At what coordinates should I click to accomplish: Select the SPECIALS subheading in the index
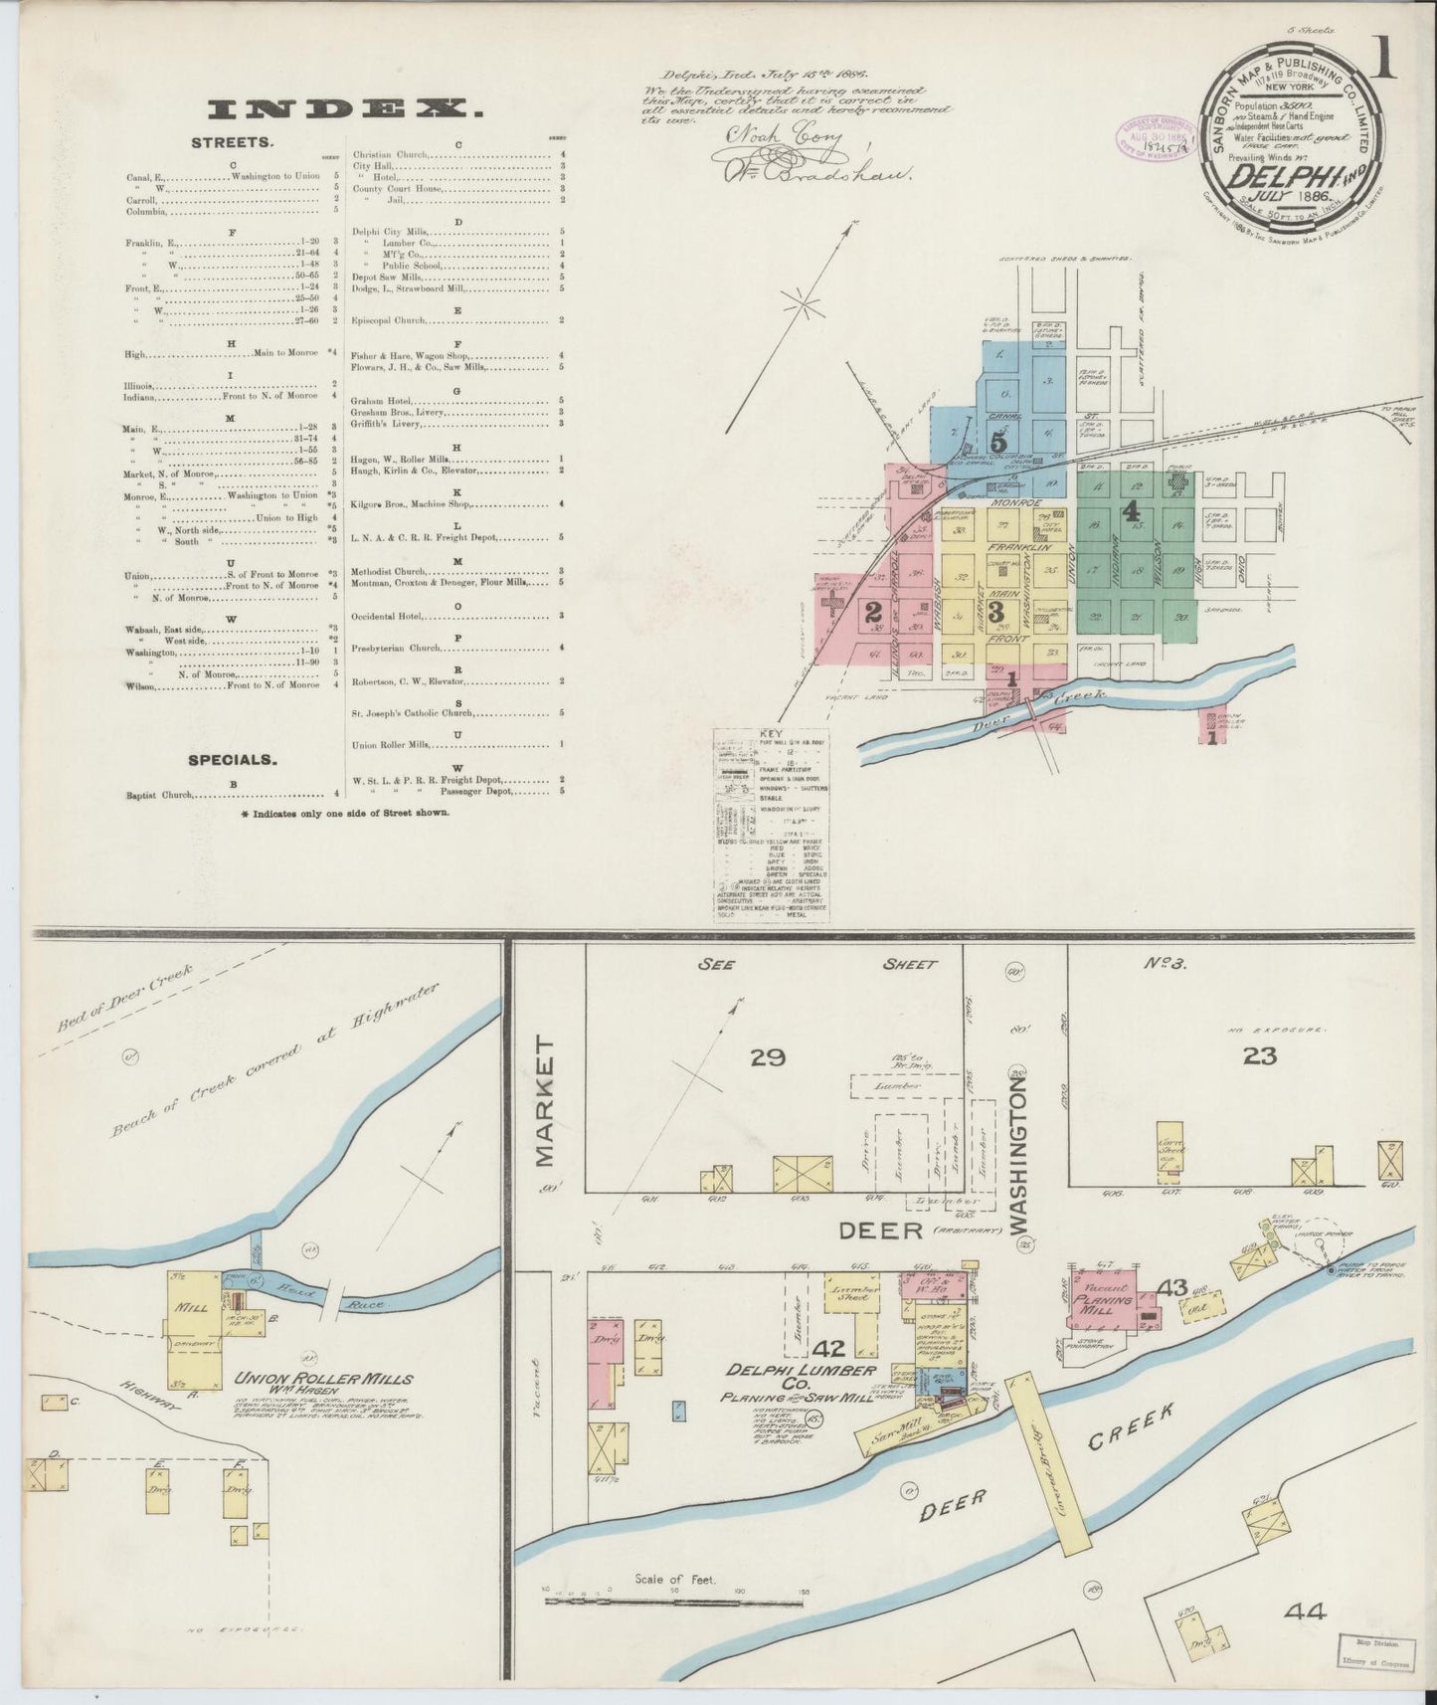(232, 760)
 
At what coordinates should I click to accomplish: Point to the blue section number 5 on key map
(998, 442)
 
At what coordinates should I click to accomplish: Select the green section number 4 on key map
(1130, 511)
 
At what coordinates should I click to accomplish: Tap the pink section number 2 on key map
(873, 610)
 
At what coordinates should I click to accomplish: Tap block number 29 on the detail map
(768, 1057)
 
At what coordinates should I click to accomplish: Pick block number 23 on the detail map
(1259, 1057)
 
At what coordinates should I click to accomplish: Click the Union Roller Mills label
(324, 1380)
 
